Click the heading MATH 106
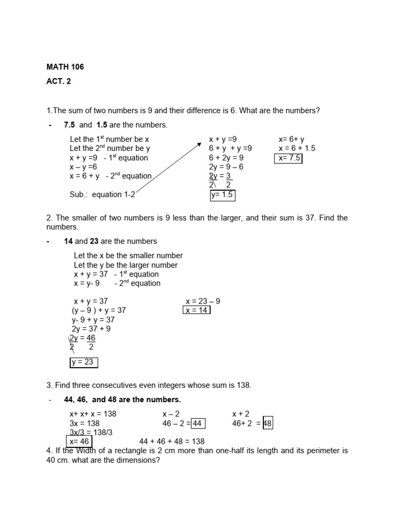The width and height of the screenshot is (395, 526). pyautogui.click(x=65, y=67)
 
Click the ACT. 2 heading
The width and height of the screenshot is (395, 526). pyautogui.click(x=59, y=81)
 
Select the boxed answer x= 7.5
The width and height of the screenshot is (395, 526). pyautogui.click(x=289, y=158)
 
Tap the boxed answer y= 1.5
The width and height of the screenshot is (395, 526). pyautogui.click(x=222, y=195)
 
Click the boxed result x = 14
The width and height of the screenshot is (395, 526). pyautogui.click(x=196, y=310)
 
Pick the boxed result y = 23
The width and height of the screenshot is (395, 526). pyautogui.click(x=83, y=362)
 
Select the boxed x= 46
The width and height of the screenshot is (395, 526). pyautogui.click(x=79, y=441)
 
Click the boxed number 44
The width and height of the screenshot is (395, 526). pyautogui.click(x=198, y=423)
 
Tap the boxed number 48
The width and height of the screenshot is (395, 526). pyautogui.click(x=267, y=423)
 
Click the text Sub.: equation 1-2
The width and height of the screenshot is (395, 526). pyautogui.click(x=102, y=195)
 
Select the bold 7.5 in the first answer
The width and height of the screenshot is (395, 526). pyautogui.click(x=69, y=125)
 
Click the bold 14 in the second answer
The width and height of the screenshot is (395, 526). pyautogui.click(x=68, y=241)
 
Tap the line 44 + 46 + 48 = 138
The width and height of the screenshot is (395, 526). pyautogui.click(x=172, y=441)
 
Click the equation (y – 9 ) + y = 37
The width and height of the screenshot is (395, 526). pyautogui.click(x=99, y=310)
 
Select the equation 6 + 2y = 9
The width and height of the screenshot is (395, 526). pyautogui.click(x=226, y=158)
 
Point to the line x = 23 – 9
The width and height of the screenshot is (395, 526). pyautogui.click(x=203, y=302)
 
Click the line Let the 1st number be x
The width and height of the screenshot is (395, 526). pyautogui.click(x=109, y=139)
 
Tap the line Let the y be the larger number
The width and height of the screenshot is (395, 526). pyautogui.click(x=125, y=265)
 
